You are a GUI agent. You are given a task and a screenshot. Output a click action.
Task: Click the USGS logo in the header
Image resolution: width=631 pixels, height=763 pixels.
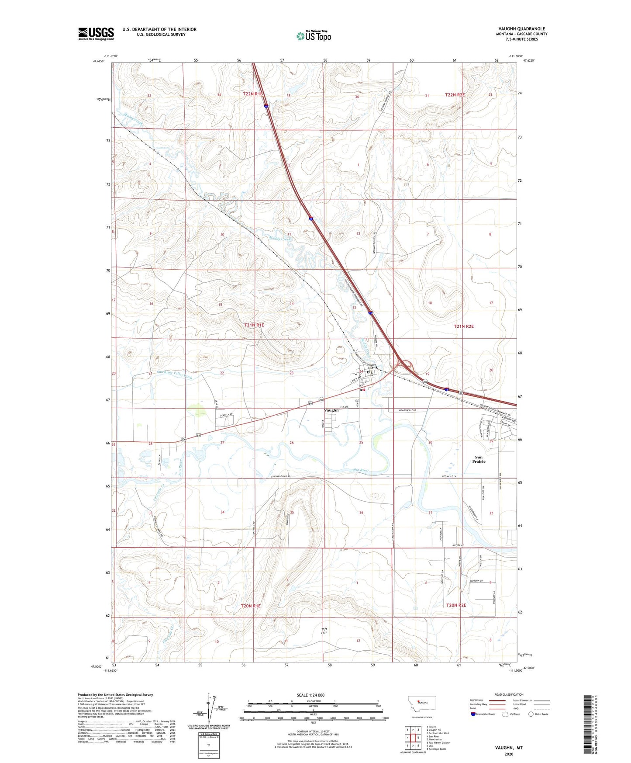96,33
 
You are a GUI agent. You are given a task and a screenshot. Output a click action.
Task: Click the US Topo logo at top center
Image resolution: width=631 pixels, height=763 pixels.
314,35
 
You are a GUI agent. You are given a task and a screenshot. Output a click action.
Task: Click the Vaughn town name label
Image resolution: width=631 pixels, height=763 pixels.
331,410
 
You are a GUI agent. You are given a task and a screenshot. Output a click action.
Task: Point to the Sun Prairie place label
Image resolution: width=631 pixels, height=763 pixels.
479,459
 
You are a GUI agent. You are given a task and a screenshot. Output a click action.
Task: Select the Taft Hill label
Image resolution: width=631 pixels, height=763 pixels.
324,631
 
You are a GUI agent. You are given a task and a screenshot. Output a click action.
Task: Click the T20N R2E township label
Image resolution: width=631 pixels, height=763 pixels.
456,605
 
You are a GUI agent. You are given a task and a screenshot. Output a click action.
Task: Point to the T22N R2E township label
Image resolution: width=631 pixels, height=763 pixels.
455,95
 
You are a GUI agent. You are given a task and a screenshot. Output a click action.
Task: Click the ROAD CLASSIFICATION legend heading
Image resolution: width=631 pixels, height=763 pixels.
509,694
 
